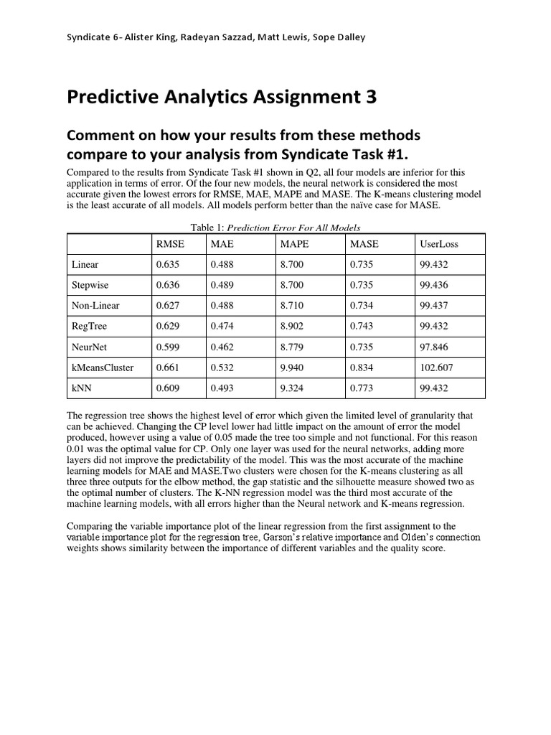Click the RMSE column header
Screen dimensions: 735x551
pos(170,244)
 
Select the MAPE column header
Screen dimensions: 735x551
pos(294,244)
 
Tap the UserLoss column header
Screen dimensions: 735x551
pos(438,244)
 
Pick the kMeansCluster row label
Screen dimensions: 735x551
pos(103,367)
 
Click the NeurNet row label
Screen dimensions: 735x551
pos(89,347)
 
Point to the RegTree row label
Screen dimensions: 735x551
pos(89,326)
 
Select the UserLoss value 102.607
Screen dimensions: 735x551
pos(436,367)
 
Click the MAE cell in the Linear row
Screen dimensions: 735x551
pos(222,265)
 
